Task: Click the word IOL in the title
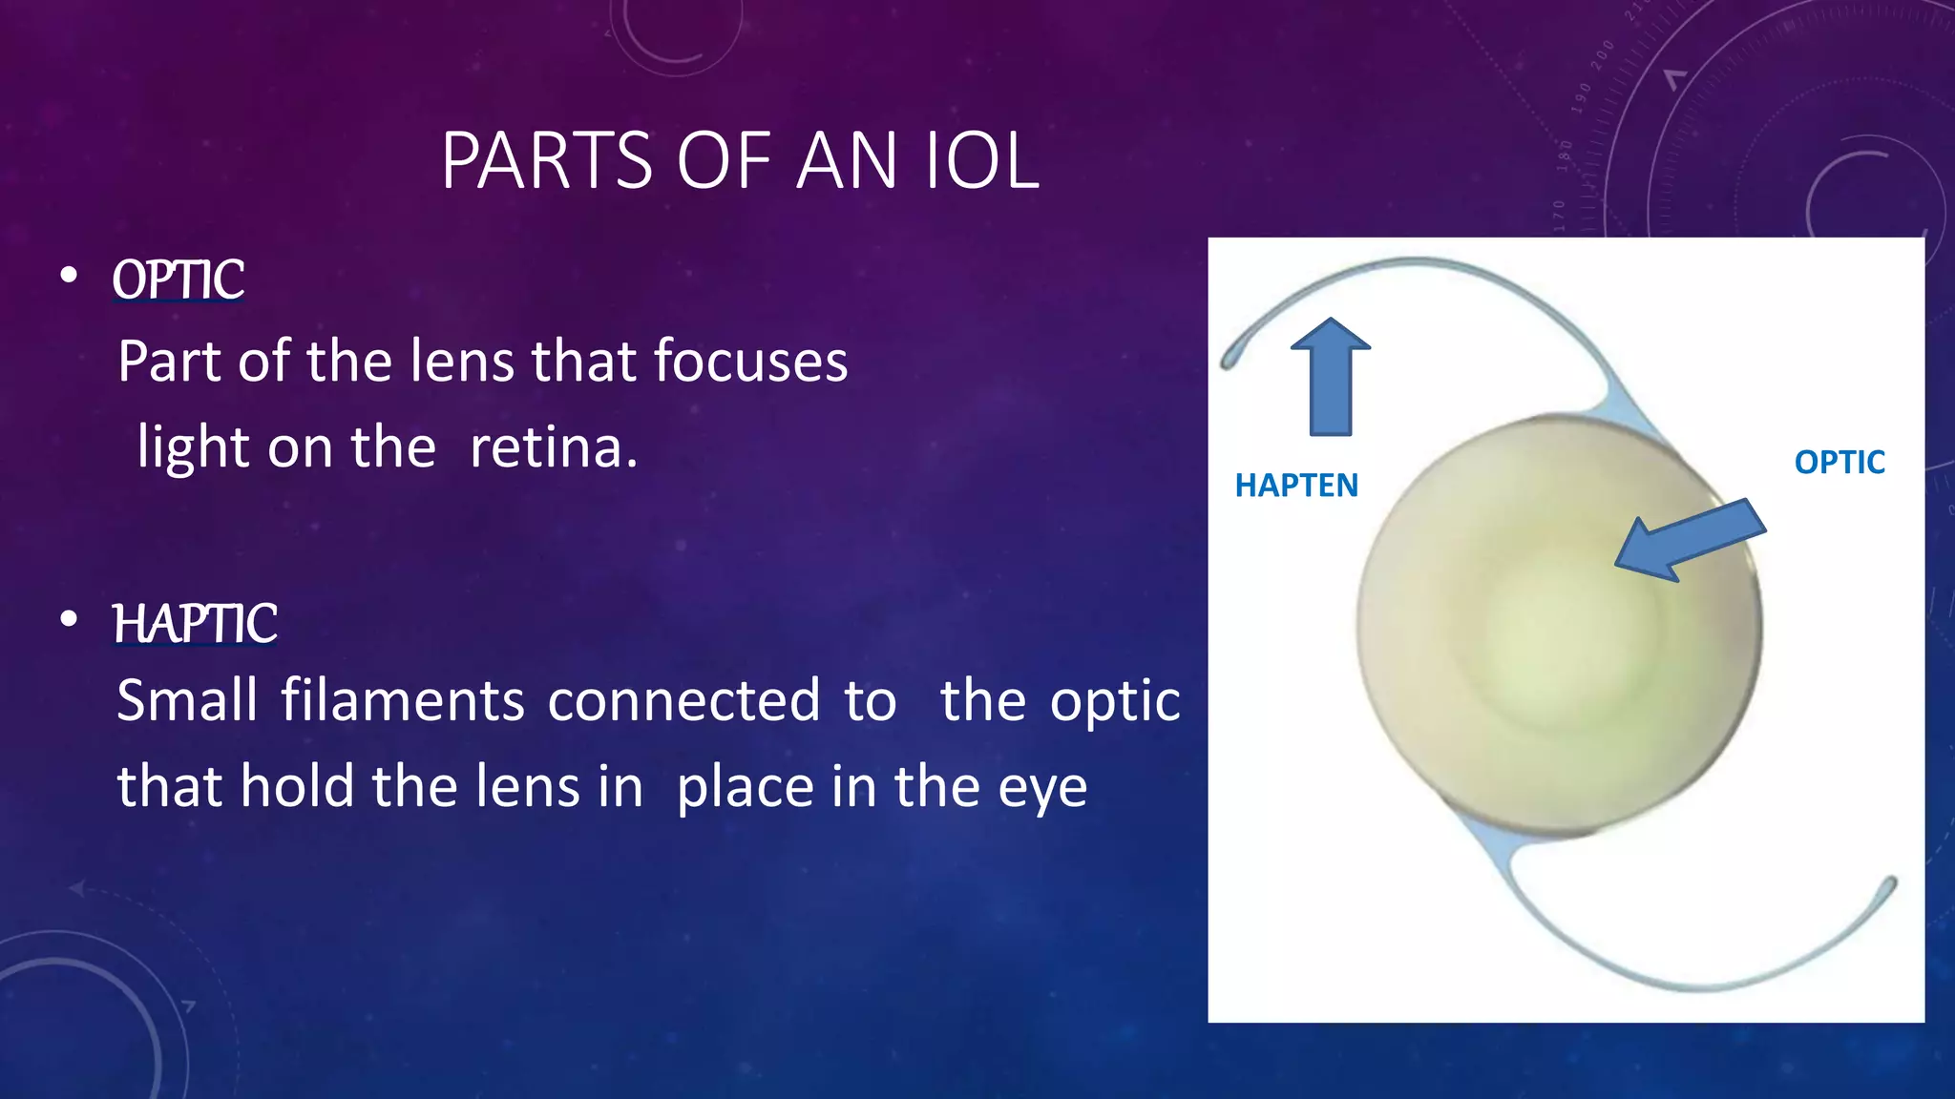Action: click(x=980, y=160)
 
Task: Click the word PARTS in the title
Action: click(x=546, y=160)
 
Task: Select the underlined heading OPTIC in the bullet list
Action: click(x=178, y=280)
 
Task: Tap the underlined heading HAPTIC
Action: click(x=195, y=623)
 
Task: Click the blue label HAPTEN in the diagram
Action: click(x=1295, y=486)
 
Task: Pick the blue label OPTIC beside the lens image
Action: click(x=1839, y=463)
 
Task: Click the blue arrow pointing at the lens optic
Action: click(x=1690, y=540)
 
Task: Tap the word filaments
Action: click(x=402, y=700)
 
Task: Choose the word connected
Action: click(x=683, y=700)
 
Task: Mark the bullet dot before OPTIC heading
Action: click(x=68, y=276)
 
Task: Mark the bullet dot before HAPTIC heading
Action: click(x=68, y=619)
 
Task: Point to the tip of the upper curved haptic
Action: click(x=1230, y=362)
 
